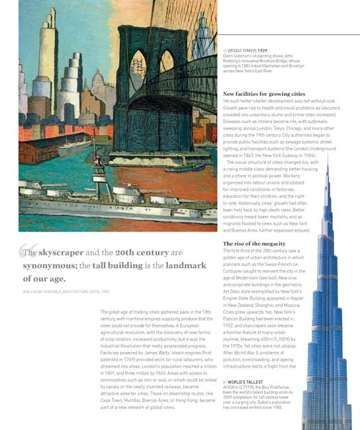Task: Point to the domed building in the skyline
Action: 99,83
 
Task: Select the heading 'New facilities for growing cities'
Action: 264,94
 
